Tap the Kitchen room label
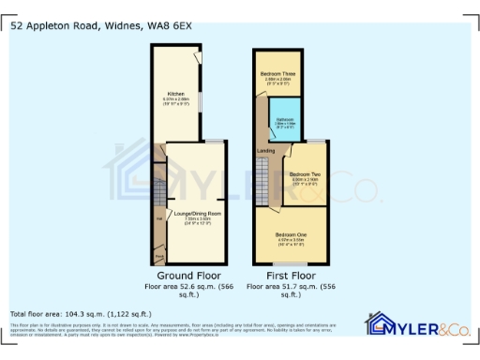click(175, 94)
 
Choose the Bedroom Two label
click(305, 175)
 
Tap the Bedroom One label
click(291, 234)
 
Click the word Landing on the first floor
click(266, 150)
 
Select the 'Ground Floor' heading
click(182, 276)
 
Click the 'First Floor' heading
click(291, 276)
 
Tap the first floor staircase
click(263, 178)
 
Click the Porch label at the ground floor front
click(158, 255)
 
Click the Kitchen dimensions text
click(175, 100)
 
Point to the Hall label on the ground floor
click(158, 219)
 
